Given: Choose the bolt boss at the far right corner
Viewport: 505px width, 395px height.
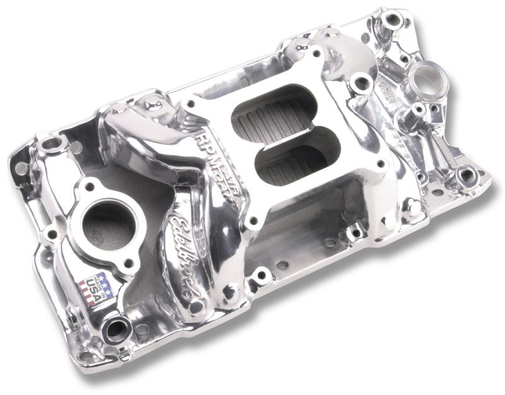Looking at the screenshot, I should [467, 176].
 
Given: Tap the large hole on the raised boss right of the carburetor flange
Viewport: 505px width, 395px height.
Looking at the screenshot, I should [362, 83].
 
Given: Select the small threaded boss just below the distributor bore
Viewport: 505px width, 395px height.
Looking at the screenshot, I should [419, 110].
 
